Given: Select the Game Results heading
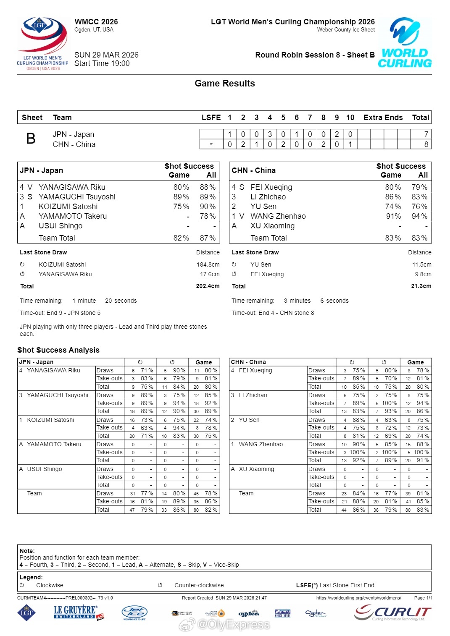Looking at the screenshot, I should pyautogui.click(x=225, y=84).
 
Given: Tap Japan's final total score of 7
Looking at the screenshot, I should pyautogui.click(x=426, y=134).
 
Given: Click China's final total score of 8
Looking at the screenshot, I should pyautogui.click(x=426, y=144).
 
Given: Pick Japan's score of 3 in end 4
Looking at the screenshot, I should pyautogui.click(x=270, y=134).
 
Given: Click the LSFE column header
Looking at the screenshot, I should pyautogui.click(x=211, y=118).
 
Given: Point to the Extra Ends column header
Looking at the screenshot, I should pyautogui.click(x=383, y=118).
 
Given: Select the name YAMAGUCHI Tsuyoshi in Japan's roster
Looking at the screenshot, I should pyautogui.click(x=77, y=197).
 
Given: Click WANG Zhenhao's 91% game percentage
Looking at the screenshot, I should pyautogui.click(x=393, y=216).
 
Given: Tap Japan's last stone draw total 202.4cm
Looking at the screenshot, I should pyautogui.click(x=208, y=286).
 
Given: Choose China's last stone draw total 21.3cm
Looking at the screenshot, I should pyautogui.click(x=421, y=286).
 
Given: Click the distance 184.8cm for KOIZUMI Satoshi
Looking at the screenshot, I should pyautogui.click(x=208, y=265).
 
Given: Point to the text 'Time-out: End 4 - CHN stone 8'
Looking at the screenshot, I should pyautogui.click(x=273, y=313).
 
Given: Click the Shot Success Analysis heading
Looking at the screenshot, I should pyautogui.click(x=58, y=350).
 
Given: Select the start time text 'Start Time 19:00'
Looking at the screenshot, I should pyautogui.click(x=102, y=63).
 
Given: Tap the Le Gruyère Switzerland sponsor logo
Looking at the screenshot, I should pyautogui.click(x=78, y=612).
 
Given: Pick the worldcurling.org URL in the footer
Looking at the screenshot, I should pyautogui.click(x=358, y=598).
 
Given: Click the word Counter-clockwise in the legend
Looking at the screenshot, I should pyautogui.click(x=199, y=585).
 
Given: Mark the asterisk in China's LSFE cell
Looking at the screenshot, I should pyautogui.click(x=211, y=144).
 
